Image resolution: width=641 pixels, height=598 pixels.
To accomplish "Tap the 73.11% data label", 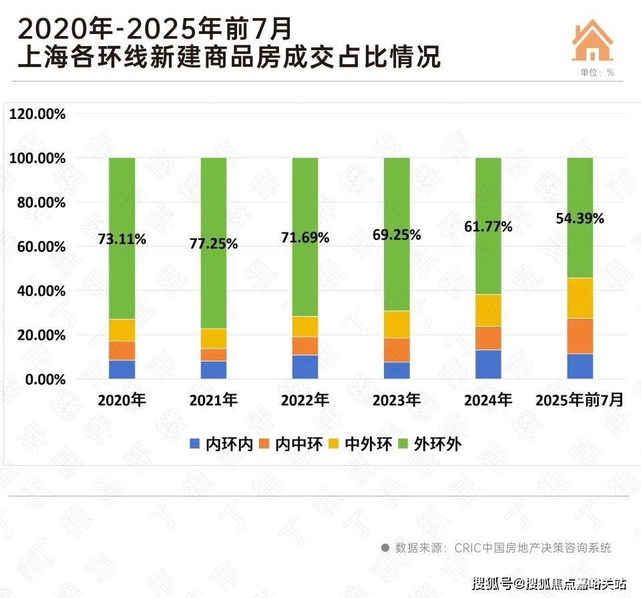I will tap(122, 239).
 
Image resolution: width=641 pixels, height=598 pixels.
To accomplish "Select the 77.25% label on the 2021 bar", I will tap(214, 244).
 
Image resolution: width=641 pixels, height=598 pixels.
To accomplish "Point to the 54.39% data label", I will tap(580, 218).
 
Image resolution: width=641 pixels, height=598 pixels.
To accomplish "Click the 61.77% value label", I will tap(488, 227).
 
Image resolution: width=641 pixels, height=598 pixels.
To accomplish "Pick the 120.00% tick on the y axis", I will tap(37, 114).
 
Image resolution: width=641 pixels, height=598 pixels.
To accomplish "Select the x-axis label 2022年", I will tap(305, 401).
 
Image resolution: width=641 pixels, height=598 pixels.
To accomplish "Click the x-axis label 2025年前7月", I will tap(580, 401).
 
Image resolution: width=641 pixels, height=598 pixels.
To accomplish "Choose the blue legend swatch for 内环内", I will tap(195, 444).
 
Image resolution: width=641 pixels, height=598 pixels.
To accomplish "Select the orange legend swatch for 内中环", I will tap(264, 444).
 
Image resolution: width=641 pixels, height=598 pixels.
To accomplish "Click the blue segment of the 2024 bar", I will tap(488, 364).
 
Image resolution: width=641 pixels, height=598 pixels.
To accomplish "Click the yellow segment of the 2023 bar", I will tap(397, 324).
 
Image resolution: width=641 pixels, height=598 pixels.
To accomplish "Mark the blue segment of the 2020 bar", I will tap(122, 369).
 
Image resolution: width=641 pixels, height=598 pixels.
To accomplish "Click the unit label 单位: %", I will tap(592, 72).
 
